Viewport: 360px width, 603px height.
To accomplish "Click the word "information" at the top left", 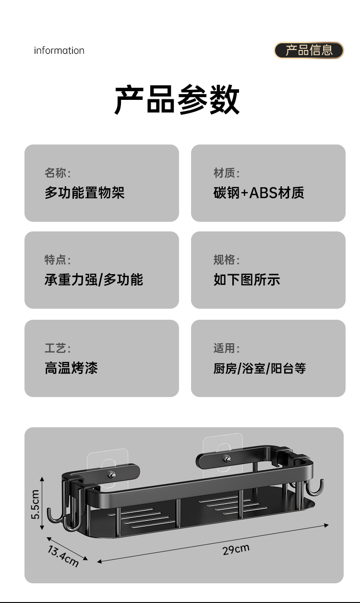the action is click(59, 50).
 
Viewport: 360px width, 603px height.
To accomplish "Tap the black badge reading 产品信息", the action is click(309, 50).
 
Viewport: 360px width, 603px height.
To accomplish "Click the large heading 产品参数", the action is click(177, 99).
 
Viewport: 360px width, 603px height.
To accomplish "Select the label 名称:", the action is click(58, 173).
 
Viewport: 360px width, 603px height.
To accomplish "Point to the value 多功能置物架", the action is click(84, 193).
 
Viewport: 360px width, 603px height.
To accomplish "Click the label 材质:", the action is click(227, 173).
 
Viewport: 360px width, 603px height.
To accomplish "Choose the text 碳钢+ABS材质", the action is click(259, 193).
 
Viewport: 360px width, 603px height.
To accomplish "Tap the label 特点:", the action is click(58, 260).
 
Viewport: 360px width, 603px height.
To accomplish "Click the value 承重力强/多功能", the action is click(94, 279).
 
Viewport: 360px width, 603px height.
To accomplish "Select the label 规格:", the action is click(227, 260).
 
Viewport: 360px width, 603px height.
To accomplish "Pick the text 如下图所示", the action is click(247, 279).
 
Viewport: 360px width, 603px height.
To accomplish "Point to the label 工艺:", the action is click(58, 348).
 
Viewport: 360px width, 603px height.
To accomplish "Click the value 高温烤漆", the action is click(71, 368).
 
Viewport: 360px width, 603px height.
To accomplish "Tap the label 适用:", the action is click(227, 348).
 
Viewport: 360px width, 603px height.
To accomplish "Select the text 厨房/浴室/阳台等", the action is click(260, 368).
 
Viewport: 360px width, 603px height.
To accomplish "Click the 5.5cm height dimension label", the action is click(35, 504).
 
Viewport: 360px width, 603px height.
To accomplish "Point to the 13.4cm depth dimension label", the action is click(63, 556).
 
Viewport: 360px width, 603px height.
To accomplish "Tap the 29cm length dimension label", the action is click(236, 549).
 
